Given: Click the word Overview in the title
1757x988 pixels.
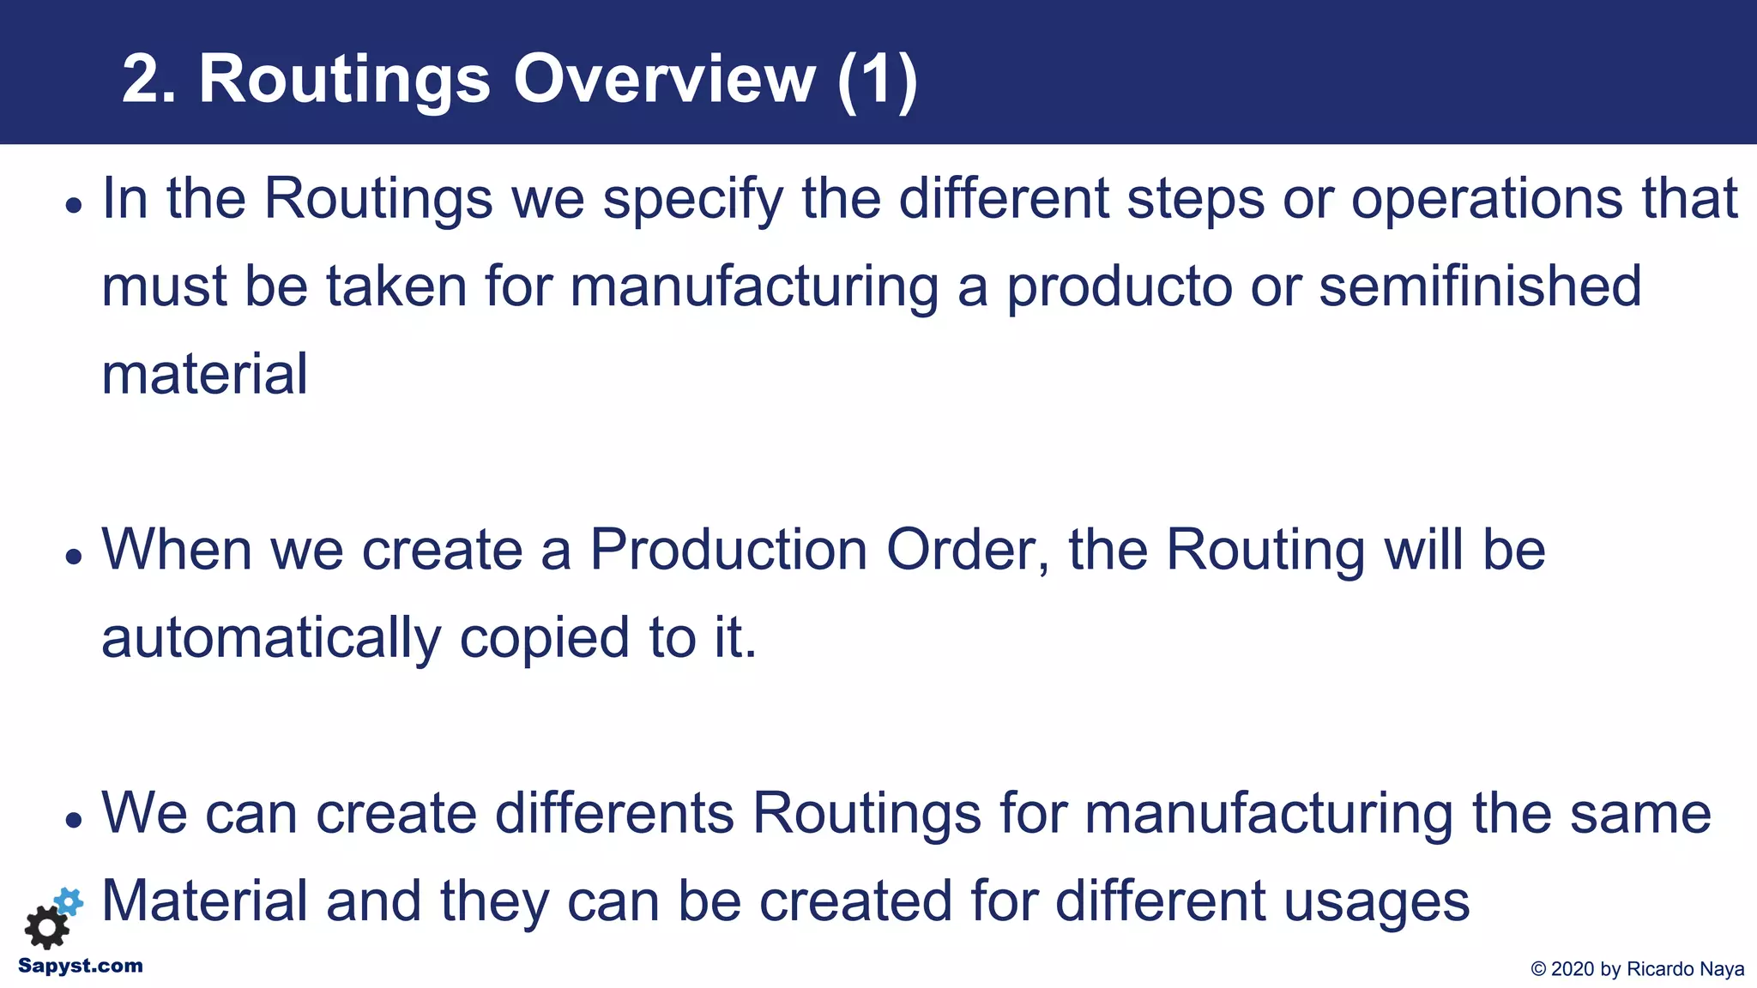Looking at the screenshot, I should (x=664, y=79).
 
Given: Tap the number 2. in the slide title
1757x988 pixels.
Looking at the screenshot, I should (x=148, y=79).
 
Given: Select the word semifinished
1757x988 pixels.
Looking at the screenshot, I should (x=1480, y=286).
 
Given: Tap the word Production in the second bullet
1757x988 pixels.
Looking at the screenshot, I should (x=728, y=550).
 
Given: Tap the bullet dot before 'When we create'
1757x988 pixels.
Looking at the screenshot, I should (x=75, y=557).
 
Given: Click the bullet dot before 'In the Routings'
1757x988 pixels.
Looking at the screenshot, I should (x=75, y=206).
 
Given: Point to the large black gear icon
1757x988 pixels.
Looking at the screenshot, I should (x=46, y=927).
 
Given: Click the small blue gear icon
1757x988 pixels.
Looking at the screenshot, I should (x=69, y=901).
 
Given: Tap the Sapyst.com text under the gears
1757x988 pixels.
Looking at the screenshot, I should (x=81, y=966).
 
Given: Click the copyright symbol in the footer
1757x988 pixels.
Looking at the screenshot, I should (x=1539, y=969).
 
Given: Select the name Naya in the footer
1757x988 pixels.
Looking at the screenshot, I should (x=1723, y=969).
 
